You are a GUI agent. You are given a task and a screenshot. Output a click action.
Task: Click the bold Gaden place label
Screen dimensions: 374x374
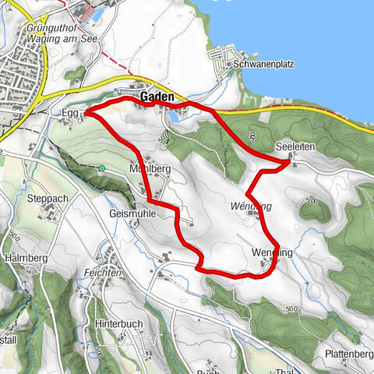156,97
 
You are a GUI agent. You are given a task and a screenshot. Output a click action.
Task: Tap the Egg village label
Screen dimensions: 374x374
69,113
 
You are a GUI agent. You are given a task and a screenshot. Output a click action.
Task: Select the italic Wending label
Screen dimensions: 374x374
251,206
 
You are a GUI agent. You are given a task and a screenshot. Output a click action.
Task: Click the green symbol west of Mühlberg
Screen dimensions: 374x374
101,168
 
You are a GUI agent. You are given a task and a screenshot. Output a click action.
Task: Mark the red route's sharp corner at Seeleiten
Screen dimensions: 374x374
288,162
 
